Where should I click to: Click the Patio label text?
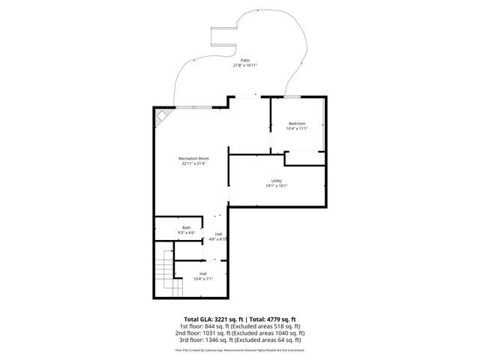click(x=244, y=60)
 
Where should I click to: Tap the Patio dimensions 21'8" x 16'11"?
click(x=244, y=65)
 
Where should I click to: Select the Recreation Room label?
click(x=193, y=158)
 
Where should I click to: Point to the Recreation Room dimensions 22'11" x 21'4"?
click(x=193, y=163)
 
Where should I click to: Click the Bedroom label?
click(x=298, y=123)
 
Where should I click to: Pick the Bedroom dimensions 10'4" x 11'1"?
click(x=298, y=128)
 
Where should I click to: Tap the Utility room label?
click(x=277, y=180)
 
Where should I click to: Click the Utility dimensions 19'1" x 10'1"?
click(x=277, y=185)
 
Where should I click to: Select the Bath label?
click(x=186, y=227)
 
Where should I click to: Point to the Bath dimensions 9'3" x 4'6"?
click(x=186, y=232)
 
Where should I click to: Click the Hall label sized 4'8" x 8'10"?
click(x=218, y=234)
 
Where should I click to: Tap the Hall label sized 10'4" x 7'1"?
click(x=202, y=274)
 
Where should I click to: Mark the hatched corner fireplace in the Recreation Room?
click(x=159, y=116)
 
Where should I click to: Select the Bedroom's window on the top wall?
click(x=293, y=96)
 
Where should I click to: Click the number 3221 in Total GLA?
click(x=225, y=319)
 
